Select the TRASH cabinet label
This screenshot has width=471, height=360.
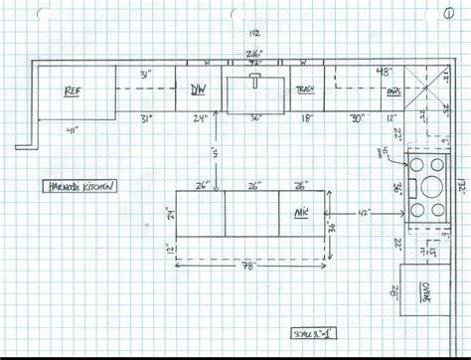(x=304, y=90)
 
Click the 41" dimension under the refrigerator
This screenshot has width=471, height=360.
(x=73, y=130)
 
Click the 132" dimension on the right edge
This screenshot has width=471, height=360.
(x=460, y=185)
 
